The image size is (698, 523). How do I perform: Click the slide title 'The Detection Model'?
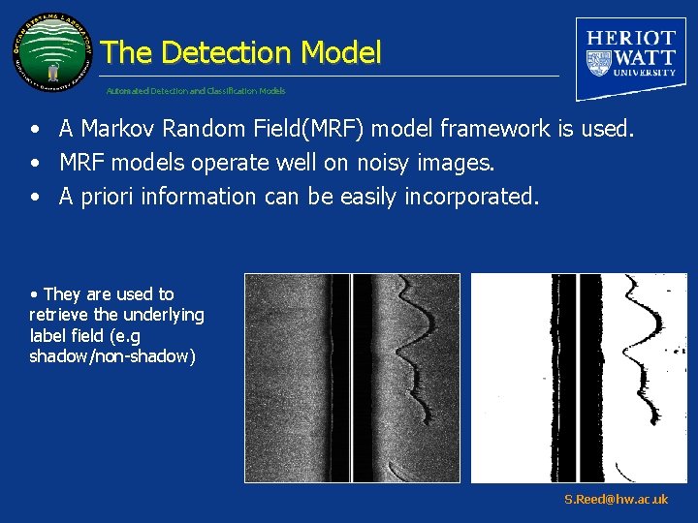240,52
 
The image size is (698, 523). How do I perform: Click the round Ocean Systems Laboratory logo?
52,53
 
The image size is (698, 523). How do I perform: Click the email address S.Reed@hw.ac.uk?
616,499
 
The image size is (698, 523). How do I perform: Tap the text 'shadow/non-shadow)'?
112,356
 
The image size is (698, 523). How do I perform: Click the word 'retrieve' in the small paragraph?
60,315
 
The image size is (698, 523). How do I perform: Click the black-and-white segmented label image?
579,378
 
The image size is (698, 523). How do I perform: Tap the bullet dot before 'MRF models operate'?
34,163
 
